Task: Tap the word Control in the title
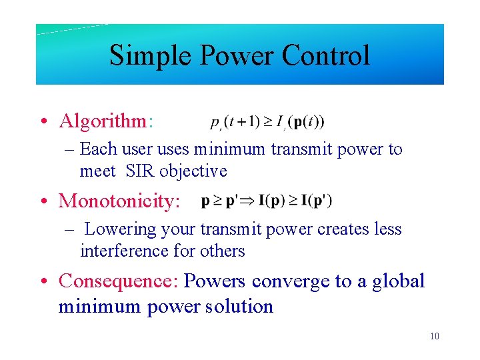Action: (x=326, y=55)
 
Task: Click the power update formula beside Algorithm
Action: (x=259, y=122)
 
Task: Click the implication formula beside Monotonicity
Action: (x=267, y=200)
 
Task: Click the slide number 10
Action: (x=435, y=336)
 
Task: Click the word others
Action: (x=226, y=251)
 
